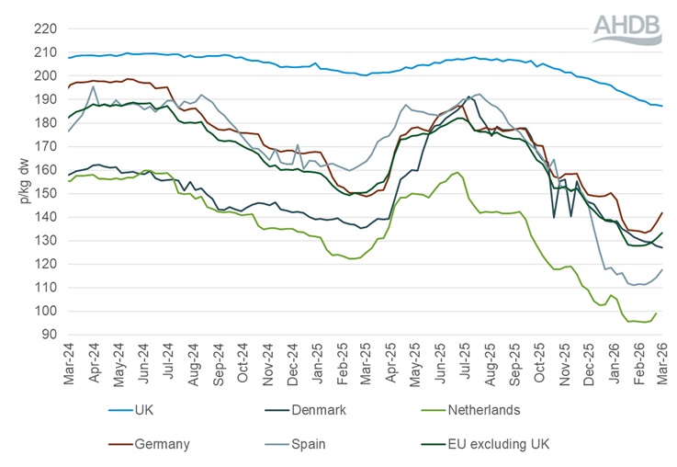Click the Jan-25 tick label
point(317,365)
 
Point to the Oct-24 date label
point(243,365)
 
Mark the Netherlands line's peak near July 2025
point(457,172)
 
